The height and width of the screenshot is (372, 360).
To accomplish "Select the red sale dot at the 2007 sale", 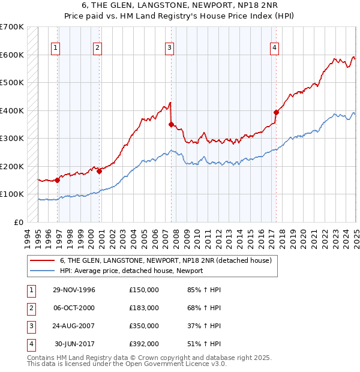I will [x=172, y=125].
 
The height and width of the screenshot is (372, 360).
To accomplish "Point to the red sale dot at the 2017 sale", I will [x=277, y=112].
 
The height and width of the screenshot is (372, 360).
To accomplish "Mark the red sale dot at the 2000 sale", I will [x=100, y=171].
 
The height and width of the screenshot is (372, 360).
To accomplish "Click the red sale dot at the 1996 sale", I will [x=58, y=180].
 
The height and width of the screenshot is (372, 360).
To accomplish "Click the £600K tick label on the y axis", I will [x=12, y=55].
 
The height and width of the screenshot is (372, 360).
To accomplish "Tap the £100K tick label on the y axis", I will [x=12, y=194].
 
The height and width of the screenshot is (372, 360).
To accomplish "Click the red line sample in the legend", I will [x=43, y=260].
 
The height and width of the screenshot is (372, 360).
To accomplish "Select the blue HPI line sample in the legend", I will [x=43, y=271].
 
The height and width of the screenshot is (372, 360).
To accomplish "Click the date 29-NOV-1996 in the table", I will [x=74, y=290].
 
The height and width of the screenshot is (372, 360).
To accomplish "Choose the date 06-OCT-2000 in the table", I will [x=74, y=308].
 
